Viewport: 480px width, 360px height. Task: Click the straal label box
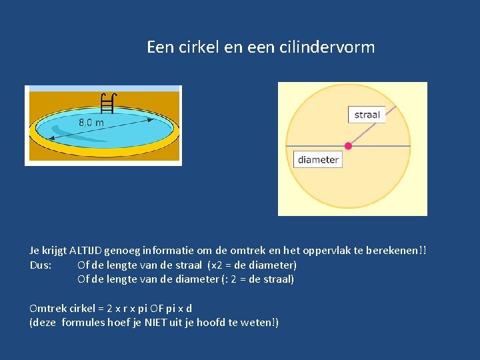[367, 115]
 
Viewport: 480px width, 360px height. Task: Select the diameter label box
[318, 159]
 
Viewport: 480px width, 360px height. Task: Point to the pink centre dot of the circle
[348, 145]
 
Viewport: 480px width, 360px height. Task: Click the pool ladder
[109, 103]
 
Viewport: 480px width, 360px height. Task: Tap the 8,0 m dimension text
[91, 123]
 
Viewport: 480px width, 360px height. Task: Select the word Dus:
[41, 265]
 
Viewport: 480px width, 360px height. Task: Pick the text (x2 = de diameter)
[252, 265]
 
